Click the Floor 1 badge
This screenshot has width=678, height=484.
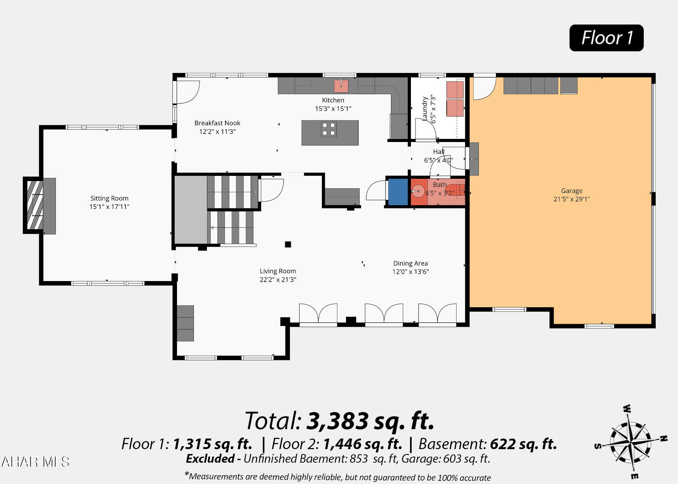(606, 38)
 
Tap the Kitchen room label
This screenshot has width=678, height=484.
(333, 100)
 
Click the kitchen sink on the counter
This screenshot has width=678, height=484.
(341, 86)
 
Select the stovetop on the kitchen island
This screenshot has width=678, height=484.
(329, 129)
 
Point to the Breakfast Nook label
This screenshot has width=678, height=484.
(217, 123)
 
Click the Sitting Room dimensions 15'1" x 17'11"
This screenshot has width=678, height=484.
(109, 207)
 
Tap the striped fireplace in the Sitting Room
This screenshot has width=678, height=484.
(35, 205)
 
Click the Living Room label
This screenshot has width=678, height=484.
(278, 271)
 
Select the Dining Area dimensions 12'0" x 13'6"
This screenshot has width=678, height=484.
(411, 272)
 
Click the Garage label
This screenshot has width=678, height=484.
(572, 191)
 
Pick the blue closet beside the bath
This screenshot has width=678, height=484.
(398, 192)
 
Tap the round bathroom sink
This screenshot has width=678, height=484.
(418, 191)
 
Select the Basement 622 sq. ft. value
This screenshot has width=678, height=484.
(523, 444)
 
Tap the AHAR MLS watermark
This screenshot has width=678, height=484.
(36, 462)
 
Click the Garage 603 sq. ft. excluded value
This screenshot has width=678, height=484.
(467, 459)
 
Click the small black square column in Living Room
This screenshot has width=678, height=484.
(288, 244)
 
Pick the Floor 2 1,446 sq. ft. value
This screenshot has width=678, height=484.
(363, 444)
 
